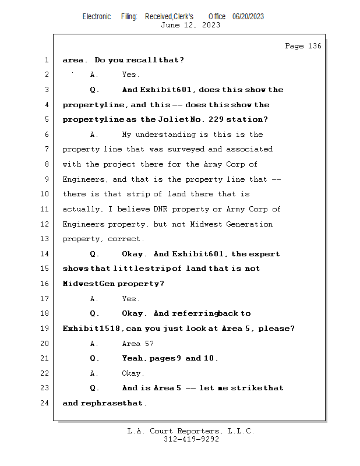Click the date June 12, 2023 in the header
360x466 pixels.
click(190, 24)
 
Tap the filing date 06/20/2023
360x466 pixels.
click(248, 16)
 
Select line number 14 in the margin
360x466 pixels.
click(46, 254)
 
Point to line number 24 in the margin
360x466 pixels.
click(46, 403)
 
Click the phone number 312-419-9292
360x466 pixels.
click(191, 439)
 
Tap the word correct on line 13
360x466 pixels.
click(124, 239)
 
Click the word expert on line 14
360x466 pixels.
click(267, 254)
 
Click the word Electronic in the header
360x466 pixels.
click(97, 16)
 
